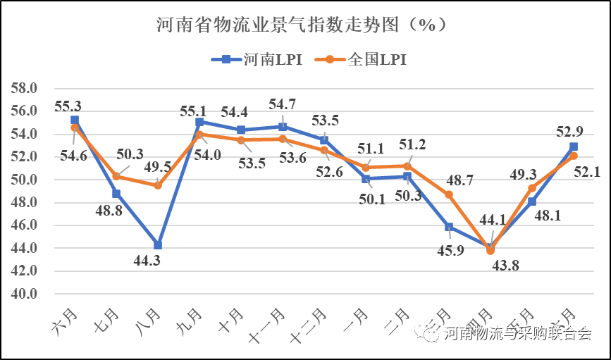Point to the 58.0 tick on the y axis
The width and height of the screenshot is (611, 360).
pos(25,89)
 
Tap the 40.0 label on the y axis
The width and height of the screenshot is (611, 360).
pos(25,294)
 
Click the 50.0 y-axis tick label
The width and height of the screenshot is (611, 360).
pos(25,180)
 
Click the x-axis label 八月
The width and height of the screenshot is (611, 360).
pos(148,323)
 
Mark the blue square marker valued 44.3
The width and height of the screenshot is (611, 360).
pos(158,245)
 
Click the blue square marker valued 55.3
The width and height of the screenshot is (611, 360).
pos(75,120)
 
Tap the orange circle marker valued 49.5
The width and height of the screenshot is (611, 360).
pos(158,185)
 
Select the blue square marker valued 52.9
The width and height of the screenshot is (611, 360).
pos(574,147)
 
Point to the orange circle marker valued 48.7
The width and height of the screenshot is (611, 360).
pos(449,194)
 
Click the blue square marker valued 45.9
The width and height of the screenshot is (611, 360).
pos(449,227)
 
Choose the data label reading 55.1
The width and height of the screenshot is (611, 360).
pos(194,111)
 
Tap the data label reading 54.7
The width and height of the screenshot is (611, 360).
pos(282,105)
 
